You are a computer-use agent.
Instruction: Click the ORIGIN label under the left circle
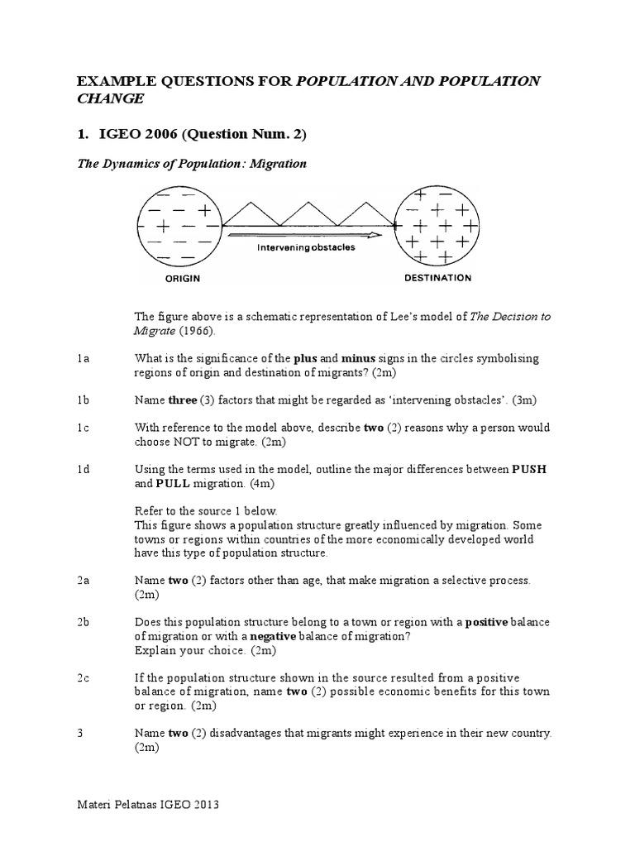pyautogui.click(x=183, y=279)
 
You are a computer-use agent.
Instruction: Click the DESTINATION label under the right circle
pyautogui.click(x=437, y=278)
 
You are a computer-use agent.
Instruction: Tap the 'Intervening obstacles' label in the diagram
pyautogui.click(x=306, y=246)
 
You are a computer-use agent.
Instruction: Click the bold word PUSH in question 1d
pyautogui.click(x=530, y=470)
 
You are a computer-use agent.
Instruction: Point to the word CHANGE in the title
pyautogui.click(x=111, y=98)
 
